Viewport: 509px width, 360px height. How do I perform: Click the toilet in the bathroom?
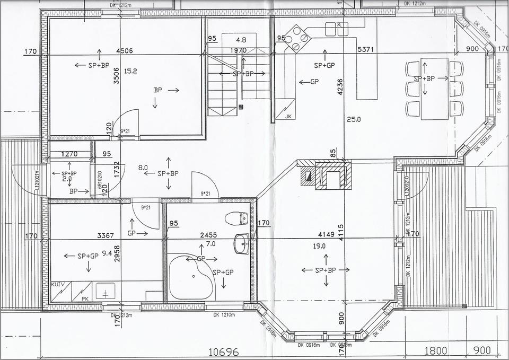(x=236, y=218)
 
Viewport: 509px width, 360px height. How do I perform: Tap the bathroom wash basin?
(x=241, y=244)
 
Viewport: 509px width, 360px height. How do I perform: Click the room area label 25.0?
(x=353, y=120)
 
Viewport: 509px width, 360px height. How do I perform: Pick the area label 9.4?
(x=107, y=253)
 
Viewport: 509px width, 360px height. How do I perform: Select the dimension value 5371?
(x=366, y=49)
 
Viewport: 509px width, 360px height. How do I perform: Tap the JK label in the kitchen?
(x=288, y=117)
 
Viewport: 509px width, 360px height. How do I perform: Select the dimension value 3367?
(x=106, y=235)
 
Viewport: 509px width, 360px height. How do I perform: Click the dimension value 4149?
(x=327, y=234)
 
